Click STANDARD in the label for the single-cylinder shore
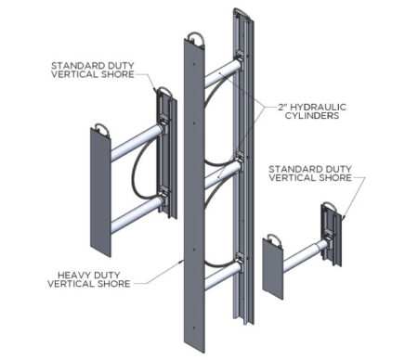(291, 169)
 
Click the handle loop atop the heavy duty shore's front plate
(197, 40)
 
